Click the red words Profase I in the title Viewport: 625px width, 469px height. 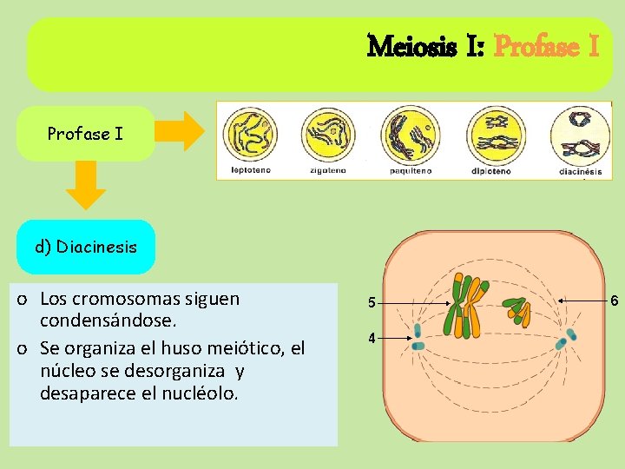[546, 45]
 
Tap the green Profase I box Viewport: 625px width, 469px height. [85, 134]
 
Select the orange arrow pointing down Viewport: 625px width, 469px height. [85, 186]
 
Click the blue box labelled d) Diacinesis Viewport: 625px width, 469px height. [86, 247]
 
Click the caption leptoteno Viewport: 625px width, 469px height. [250, 170]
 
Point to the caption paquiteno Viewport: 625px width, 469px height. [410, 170]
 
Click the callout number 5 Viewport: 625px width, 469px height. [371, 303]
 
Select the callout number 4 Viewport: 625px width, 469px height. [371, 338]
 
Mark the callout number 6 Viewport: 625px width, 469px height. [614, 301]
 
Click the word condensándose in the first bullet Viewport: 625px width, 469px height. [109, 321]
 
